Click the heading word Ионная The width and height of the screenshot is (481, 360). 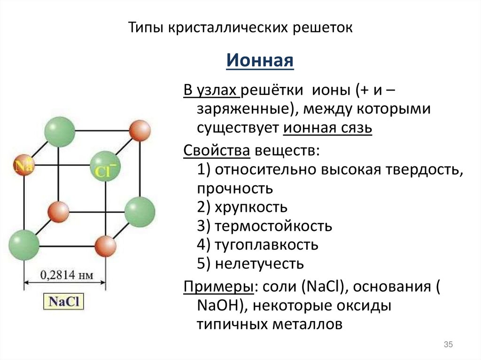260,61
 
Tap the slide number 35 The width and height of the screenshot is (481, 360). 448,345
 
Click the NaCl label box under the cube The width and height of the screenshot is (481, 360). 64,301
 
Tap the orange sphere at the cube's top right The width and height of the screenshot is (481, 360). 140,131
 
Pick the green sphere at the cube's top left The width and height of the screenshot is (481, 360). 60,131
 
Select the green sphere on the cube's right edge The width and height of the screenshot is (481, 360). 140,210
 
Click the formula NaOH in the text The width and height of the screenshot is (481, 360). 218,305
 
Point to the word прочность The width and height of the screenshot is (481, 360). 235,188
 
